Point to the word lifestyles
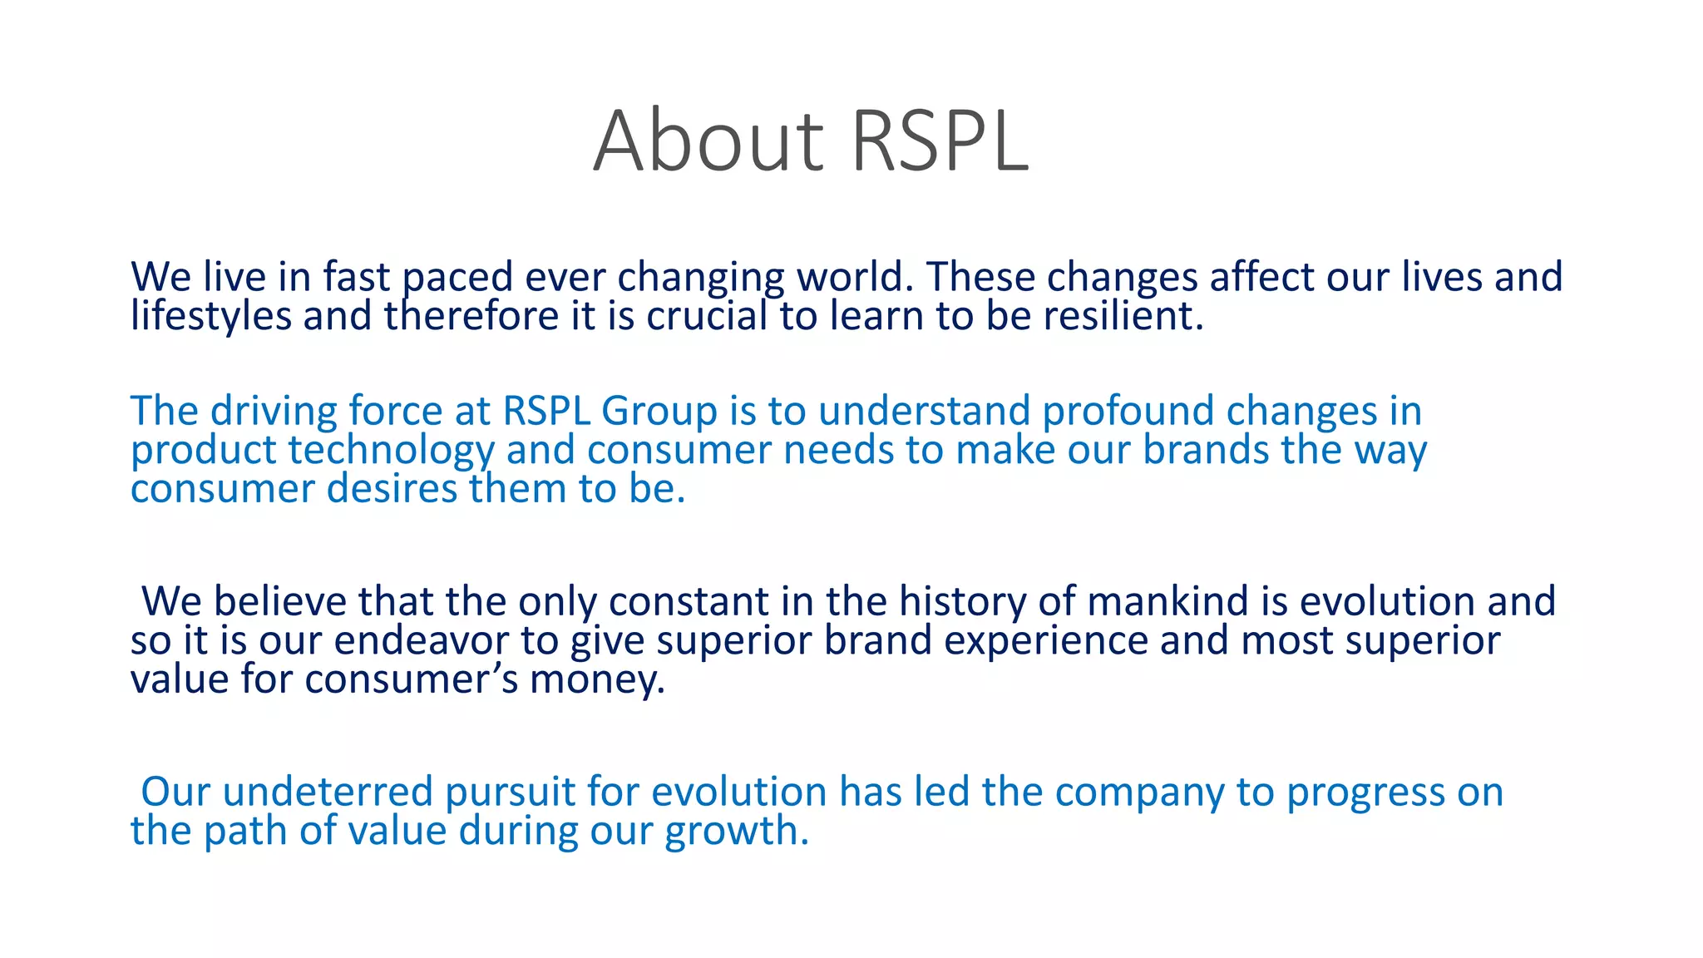tap(210, 316)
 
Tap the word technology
tap(391, 451)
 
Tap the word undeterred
tap(328, 792)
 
